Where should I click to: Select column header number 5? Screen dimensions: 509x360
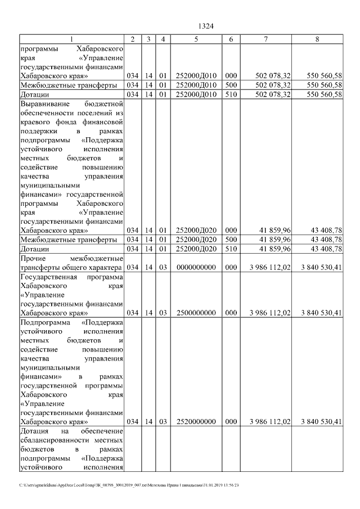[x=196, y=39]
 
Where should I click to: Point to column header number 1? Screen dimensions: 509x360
[x=71, y=39]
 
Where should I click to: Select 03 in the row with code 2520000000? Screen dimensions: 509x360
[x=162, y=421]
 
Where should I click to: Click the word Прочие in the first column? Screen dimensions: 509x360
[x=32, y=258]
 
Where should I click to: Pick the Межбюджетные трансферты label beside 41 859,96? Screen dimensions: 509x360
[x=68, y=240]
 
